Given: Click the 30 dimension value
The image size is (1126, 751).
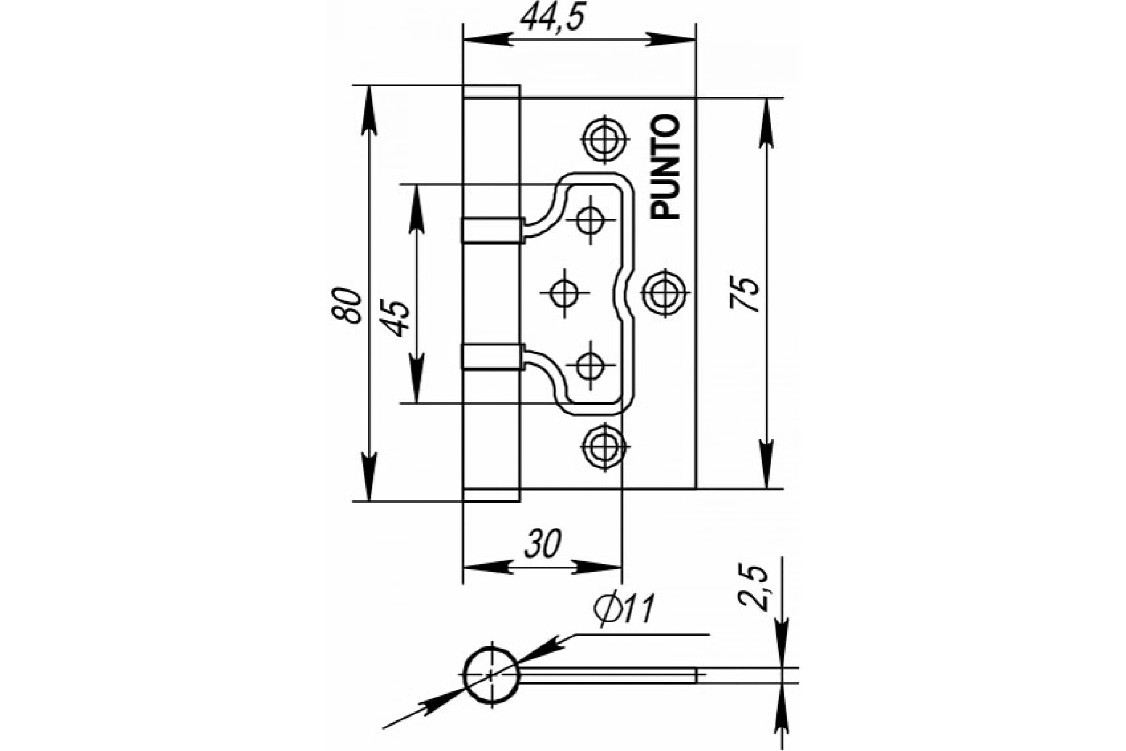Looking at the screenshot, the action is (542, 544).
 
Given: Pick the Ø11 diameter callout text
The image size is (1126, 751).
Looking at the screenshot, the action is (624, 610).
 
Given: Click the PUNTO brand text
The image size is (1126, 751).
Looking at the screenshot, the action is (665, 167).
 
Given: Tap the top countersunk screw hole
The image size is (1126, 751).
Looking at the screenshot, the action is (605, 139).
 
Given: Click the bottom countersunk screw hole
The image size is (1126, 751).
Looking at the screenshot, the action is (605, 447).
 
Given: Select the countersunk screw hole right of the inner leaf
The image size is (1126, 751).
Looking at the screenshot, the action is (665, 293).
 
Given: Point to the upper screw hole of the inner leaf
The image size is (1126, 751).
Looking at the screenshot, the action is (590, 220).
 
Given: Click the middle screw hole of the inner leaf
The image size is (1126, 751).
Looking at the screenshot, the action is (564, 293).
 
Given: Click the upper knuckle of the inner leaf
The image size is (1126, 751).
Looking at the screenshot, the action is (493, 230).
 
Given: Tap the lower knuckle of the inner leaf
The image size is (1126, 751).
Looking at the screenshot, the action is (493, 357).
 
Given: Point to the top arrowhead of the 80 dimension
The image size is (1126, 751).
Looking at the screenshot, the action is (369, 110).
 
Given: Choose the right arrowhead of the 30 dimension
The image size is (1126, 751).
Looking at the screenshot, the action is (597, 567).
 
